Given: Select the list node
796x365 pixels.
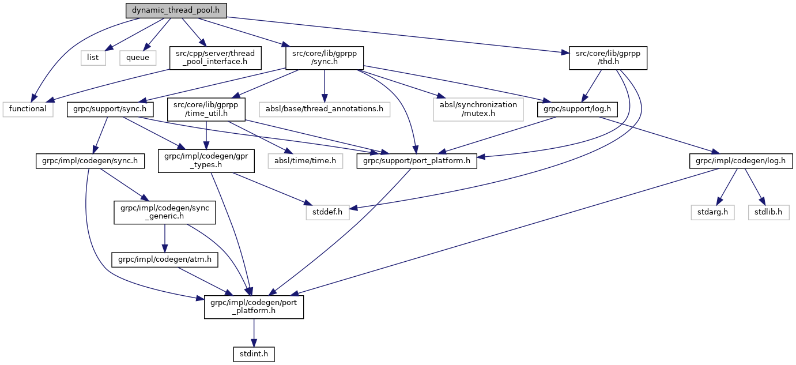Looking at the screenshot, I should point(93,57).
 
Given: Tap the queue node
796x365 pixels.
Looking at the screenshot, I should point(138,57).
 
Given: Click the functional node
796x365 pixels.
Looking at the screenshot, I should point(28,108).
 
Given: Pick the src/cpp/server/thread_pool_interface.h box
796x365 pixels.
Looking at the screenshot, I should point(215,58).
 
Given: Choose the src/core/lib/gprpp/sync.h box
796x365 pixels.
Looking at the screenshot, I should point(325,58).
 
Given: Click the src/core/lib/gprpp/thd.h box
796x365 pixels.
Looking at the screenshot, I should point(608,58).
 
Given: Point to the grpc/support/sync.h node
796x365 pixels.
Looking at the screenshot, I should point(110,108).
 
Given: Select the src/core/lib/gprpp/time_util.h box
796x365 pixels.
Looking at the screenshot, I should point(207,109).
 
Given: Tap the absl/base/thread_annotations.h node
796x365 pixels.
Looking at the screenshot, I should point(325,108).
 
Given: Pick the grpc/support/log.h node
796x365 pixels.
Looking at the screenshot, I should point(570,108).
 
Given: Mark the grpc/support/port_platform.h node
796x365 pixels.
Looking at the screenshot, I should point(417,161).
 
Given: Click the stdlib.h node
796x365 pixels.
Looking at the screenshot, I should point(768,212).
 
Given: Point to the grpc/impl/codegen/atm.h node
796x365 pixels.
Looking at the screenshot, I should point(165,260).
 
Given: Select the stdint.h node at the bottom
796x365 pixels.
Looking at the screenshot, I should point(254,353).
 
